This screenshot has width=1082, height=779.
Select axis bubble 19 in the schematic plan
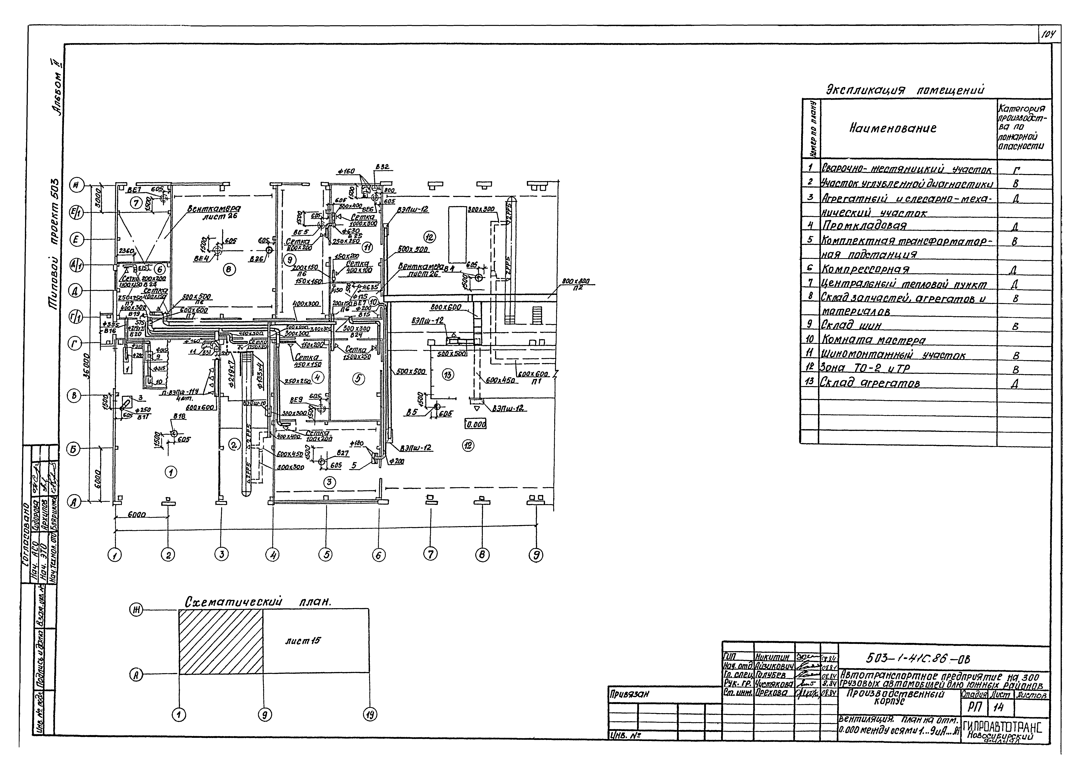pyautogui.click(x=370, y=714)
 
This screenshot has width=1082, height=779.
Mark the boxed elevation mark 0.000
pyautogui.click(x=476, y=424)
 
